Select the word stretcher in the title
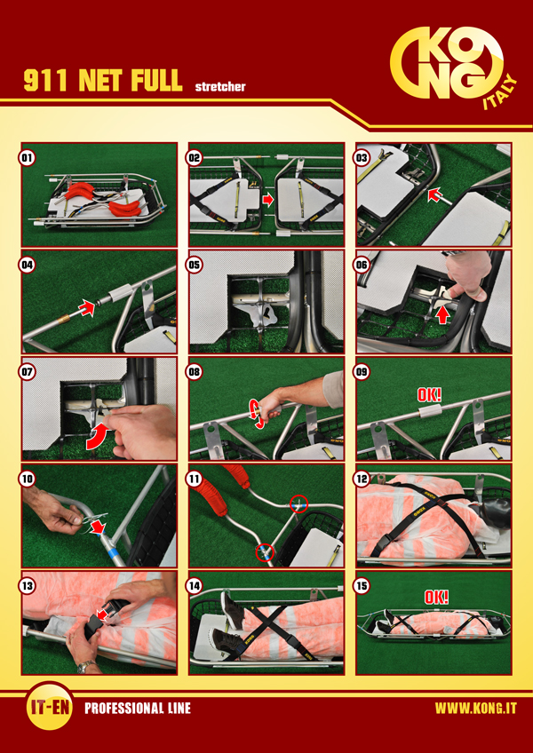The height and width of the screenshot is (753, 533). tap(220, 87)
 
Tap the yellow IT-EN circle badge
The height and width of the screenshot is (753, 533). tap(50, 708)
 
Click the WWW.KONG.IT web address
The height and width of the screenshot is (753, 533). tap(476, 709)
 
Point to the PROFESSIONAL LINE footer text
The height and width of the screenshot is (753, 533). tap(138, 709)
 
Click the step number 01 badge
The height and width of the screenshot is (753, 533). tap(28, 158)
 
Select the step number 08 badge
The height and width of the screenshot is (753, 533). tap(195, 371)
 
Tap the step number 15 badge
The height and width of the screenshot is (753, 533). tap(362, 585)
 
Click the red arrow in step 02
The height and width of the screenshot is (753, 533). tap(268, 199)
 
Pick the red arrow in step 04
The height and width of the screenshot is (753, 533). tap(87, 307)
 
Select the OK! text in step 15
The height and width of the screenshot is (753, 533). tap(436, 597)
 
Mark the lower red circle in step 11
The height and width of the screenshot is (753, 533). tap(265, 552)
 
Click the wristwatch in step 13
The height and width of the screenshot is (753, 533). tap(87, 666)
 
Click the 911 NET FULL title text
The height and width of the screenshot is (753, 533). tap(103, 81)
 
